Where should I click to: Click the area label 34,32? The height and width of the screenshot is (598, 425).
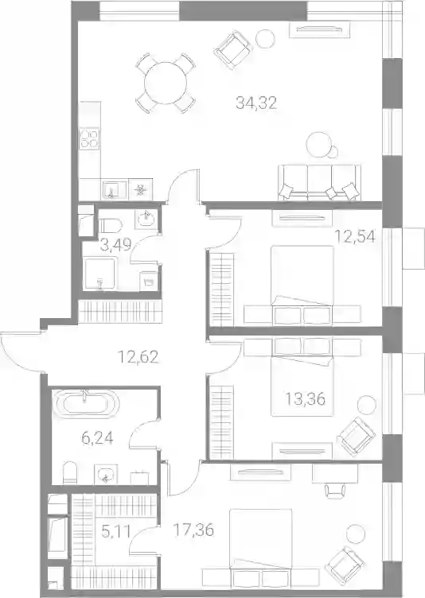coord(255,103)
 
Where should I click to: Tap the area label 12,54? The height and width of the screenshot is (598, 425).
coord(355,236)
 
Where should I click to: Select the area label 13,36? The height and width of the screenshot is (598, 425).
coord(306,399)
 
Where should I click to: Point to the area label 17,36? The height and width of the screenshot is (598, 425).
coord(193,530)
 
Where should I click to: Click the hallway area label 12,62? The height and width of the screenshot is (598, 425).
coord(138,357)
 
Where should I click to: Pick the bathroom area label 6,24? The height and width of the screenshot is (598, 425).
coord(97,439)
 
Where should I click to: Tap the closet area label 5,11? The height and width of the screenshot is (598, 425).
coord(116,530)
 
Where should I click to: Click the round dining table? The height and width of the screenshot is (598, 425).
coord(166,83)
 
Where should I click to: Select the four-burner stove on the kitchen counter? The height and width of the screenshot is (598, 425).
coord(89,138)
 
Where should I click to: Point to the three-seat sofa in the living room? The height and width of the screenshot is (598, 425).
coord(319,182)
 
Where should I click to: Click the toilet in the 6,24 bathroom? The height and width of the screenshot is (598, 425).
coord(70,472)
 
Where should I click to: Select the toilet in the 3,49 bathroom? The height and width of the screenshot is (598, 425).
coord(110,224)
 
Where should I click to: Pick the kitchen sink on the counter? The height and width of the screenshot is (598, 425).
coord(115,189)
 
